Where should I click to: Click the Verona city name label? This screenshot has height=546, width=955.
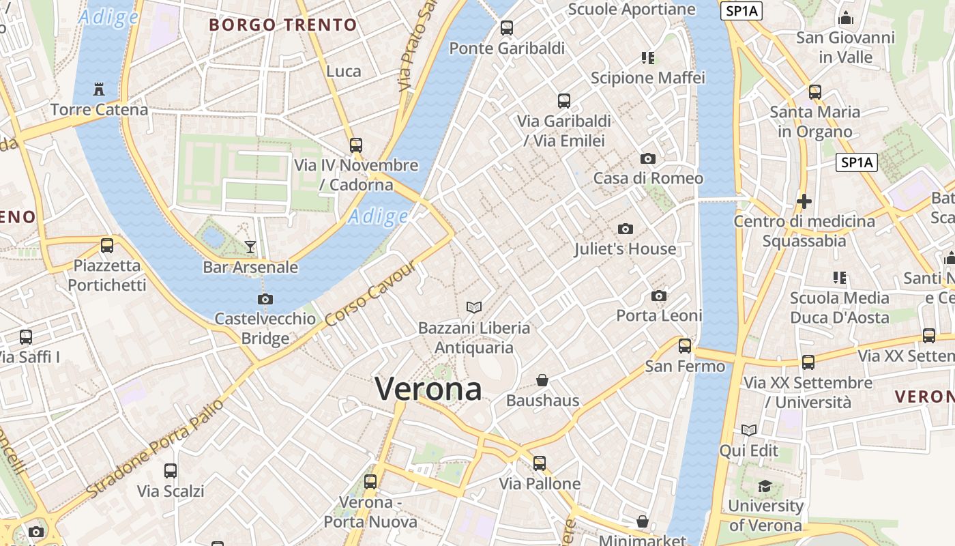pyautogui.click(x=428, y=389)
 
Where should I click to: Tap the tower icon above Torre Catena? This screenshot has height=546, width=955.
pyautogui.click(x=99, y=89)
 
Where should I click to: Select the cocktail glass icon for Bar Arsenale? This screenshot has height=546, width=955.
pyautogui.click(x=250, y=246)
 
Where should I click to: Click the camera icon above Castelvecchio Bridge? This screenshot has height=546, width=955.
pyautogui.click(x=265, y=299)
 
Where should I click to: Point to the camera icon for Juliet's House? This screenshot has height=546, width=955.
pyautogui.click(x=625, y=229)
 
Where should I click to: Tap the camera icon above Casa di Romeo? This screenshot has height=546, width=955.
pyautogui.click(x=647, y=158)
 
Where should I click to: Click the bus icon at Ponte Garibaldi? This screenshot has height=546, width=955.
pyautogui.click(x=506, y=28)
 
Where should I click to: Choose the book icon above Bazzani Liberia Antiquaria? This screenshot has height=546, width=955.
pyautogui.click(x=473, y=307)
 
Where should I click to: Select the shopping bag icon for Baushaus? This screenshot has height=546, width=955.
pyautogui.click(x=542, y=379)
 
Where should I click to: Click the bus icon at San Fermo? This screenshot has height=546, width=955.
pyautogui.click(x=685, y=345)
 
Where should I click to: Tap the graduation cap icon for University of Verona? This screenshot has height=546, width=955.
pyautogui.click(x=765, y=486)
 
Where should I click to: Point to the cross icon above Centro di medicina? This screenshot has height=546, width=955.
pyautogui.click(x=804, y=201)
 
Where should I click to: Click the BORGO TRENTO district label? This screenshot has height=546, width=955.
pyautogui.click(x=282, y=25)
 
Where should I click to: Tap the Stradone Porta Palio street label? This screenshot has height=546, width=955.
pyautogui.click(x=156, y=448)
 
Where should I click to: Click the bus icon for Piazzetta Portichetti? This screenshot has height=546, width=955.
pyautogui.click(x=107, y=246)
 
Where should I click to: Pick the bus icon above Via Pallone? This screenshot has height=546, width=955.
pyautogui.click(x=540, y=463)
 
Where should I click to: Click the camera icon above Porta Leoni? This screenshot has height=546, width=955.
pyautogui.click(x=658, y=296)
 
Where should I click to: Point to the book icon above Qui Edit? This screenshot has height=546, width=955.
pyautogui.click(x=749, y=430)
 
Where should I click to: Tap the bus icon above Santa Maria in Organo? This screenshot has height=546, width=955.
pyautogui.click(x=814, y=91)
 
